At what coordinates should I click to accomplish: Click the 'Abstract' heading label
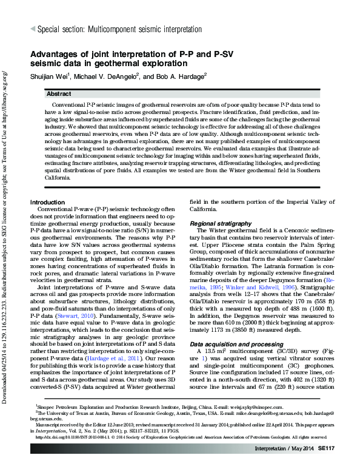[61, 95]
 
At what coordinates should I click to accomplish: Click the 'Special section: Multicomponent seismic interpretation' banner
[119, 29]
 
